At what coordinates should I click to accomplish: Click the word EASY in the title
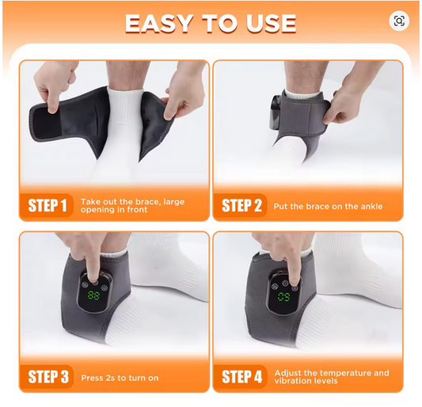coord(159,24)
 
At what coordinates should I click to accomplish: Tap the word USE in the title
coord(271,24)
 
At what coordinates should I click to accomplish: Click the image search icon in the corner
coord(399,21)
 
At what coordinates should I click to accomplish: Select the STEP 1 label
coord(48,206)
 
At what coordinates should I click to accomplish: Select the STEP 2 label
coord(241,206)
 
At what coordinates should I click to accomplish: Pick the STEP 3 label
coord(48,377)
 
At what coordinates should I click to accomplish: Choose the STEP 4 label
coord(242,377)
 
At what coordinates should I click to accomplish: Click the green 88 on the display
coord(93,295)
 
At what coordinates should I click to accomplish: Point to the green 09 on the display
coord(284,297)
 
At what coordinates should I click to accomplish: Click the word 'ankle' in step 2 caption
coord(371,207)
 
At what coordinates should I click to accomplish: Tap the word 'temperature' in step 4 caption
coord(345,374)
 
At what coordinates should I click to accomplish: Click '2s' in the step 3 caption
coord(111,378)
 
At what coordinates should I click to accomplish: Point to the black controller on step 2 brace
coord(276,111)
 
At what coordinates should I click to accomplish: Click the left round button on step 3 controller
coord(85,284)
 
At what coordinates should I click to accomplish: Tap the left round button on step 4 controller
coord(275,287)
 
